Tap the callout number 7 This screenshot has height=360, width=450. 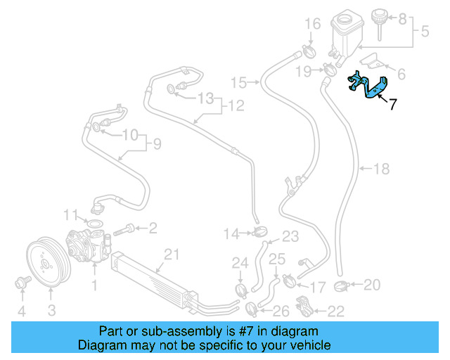[x=392, y=104]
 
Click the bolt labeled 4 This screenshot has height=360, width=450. [x=21, y=283]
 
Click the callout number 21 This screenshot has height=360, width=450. [x=169, y=254]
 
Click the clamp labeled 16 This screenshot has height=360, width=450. [x=308, y=51]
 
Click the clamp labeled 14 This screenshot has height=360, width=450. [x=259, y=232]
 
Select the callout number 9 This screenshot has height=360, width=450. [x=157, y=144]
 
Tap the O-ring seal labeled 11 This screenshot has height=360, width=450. [x=94, y=225]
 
